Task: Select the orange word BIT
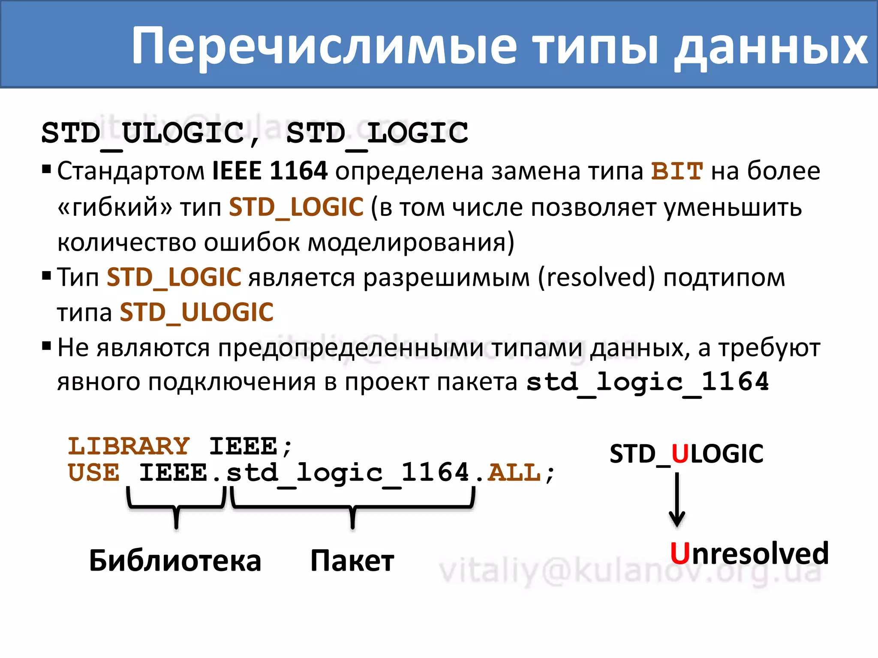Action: point(677,171)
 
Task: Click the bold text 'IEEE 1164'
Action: point(270,171)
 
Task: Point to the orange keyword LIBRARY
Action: point(129,446)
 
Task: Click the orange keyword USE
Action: point(94,473)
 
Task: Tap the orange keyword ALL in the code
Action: point(514,473)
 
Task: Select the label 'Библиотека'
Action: point(175,561)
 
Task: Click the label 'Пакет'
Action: point(352,561)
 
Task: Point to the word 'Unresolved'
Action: point(749,553)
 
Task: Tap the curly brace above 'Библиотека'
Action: point(176,507)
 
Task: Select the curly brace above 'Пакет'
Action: point(352,507)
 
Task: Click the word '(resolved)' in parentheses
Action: point(596,278)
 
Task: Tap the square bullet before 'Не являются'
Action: point(46,345)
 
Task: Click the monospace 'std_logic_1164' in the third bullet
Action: point(647,382)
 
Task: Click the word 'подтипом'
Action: point(724,278)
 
